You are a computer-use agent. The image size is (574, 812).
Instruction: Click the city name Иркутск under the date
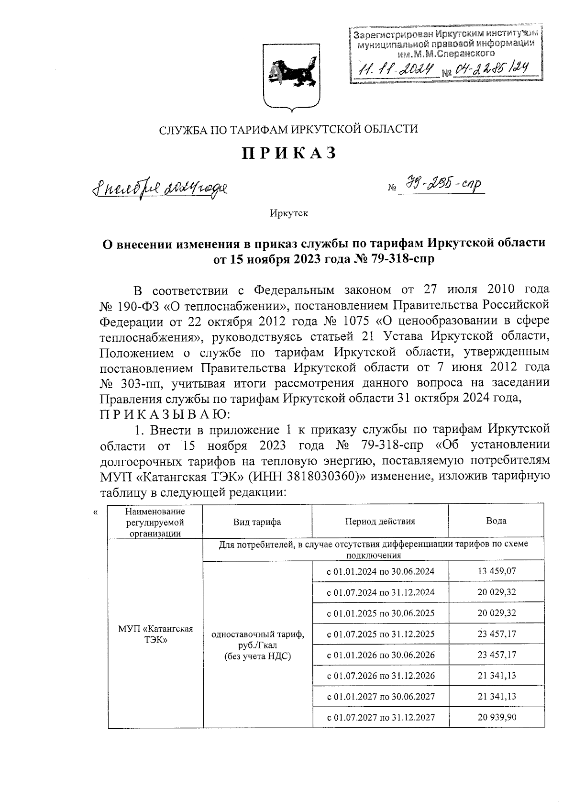pyautogui.click(x=288, y=213)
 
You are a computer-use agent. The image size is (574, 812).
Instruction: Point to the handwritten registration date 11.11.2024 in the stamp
pyautogui.click(x=397, y=70)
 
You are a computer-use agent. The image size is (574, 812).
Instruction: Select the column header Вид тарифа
pyautogui.click(x=257, y=522)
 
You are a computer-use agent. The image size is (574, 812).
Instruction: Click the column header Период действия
pyautogui.click(x=380, y=522)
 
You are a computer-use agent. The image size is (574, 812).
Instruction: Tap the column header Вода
pyautogui.click(x=496, y=521)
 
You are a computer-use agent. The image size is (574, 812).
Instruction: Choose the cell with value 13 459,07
pyautogui.click(x=496, y=571)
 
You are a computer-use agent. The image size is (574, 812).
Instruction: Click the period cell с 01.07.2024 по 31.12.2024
pyautogui.click(x=380, y=592)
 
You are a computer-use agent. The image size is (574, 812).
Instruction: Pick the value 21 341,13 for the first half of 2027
pyautogui.click(x=496, y=696)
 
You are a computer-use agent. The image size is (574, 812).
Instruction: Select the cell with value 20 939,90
pyautogui.click(x=496, y=717)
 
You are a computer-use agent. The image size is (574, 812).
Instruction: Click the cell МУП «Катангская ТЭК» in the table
pyautogui.click(x=155, y=634)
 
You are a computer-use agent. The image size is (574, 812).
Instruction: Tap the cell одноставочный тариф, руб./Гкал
pyautogui.click(x=257, y=645)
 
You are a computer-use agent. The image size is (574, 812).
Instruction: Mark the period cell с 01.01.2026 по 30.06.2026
pyautogui.click(x=380, y=655)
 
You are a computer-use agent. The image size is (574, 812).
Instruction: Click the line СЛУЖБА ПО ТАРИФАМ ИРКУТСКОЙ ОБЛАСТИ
pyautogui.click(x=288, y=129)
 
